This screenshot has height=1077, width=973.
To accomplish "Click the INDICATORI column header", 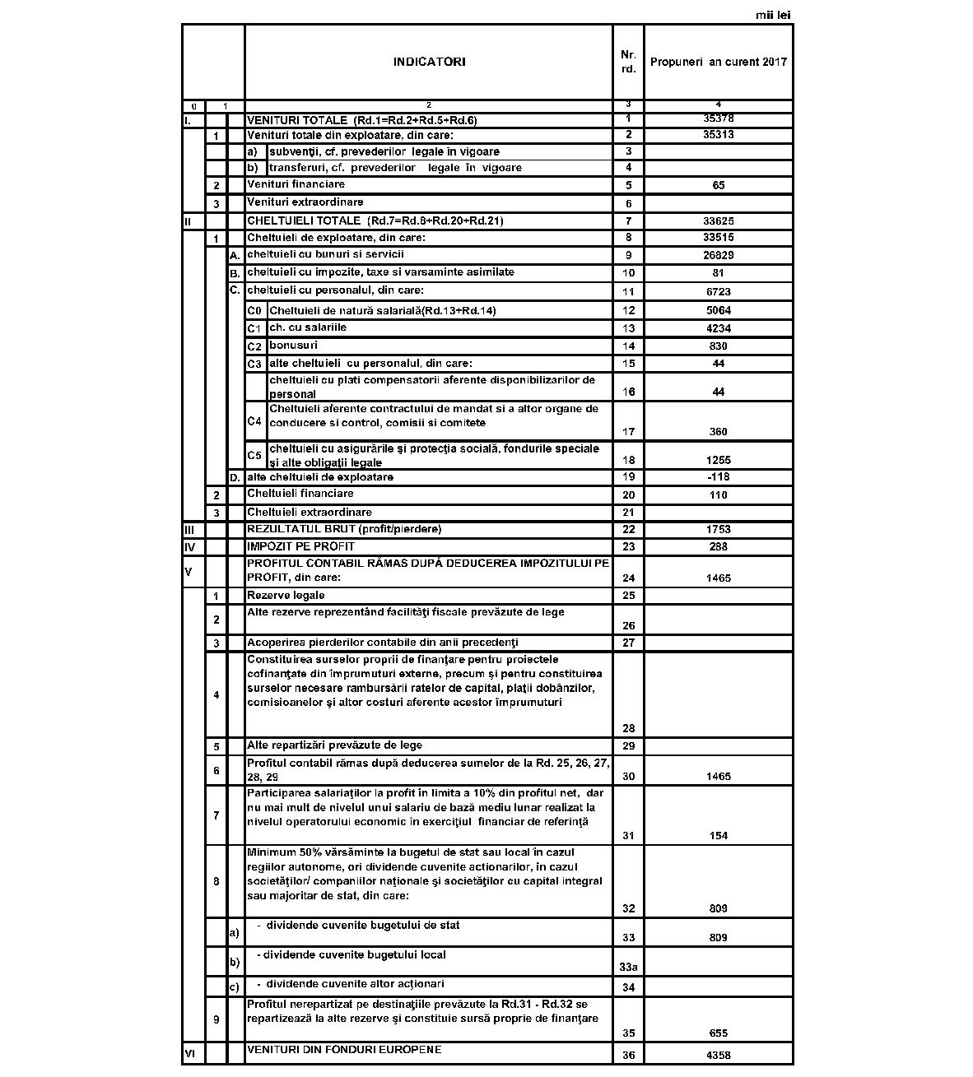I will (x=429, y=62).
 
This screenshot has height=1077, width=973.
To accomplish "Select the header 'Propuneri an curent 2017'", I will (x=718, y=62).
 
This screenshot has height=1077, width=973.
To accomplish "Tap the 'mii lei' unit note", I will (x=773, y=15).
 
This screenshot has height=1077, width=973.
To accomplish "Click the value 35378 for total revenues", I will (x=719, y=118).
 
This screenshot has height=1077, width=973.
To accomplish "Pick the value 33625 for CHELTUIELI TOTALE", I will (x=719, y=221).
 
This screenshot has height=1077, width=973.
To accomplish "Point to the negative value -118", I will (x=719, y=477).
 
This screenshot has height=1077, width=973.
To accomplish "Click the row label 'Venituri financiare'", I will (x=296, y=184).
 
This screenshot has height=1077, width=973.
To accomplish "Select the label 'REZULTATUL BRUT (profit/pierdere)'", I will (x=344, y=529).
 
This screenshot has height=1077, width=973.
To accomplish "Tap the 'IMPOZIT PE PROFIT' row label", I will (x=300, y=546).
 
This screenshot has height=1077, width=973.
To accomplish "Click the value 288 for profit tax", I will (x=719, y=547).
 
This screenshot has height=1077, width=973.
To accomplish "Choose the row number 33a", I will (x=628, y=968).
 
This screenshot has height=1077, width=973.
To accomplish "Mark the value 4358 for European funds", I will (x=719, y=1055).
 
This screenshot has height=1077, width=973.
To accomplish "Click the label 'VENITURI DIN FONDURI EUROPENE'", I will (x=344, y=1050).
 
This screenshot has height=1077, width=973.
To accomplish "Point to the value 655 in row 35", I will (x=719, y=1033).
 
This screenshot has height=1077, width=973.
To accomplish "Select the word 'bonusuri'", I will (x=293, y=346).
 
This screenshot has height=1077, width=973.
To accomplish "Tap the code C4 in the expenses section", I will (x=254, y=421).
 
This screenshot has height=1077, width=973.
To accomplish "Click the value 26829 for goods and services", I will (x=719, y=256).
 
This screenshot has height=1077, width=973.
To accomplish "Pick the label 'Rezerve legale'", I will (x=286, y=596).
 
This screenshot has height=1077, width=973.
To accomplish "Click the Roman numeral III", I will (x=189, y=530).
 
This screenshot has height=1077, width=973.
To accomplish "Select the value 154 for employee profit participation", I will (x=719, y=836).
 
